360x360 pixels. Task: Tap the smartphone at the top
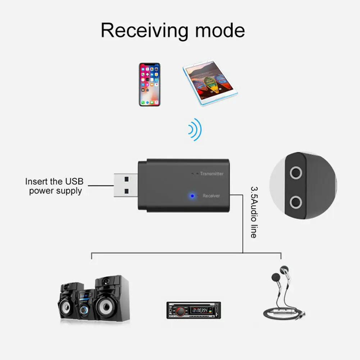150,85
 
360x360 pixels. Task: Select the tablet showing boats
210,83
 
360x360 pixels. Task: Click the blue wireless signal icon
195,129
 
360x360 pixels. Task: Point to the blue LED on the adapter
192,196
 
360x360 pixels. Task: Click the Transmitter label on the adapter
211,174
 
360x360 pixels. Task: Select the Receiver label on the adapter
211,196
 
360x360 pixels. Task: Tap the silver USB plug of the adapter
125,185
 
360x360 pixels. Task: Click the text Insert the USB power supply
54,186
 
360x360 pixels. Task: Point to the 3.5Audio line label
254,212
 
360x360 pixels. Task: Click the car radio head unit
193,310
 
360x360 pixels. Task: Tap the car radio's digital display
199,310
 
